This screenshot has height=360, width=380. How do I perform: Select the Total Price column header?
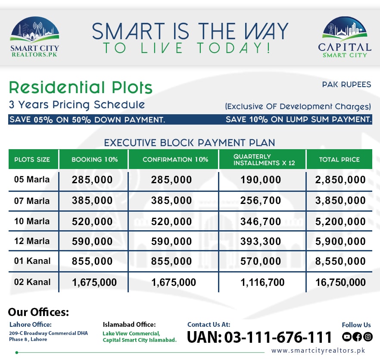pos(339,160)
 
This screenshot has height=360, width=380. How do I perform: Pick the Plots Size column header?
pos(32,160)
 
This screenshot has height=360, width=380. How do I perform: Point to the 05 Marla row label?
pos(32,179)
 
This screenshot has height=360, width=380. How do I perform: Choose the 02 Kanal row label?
pos(32,282)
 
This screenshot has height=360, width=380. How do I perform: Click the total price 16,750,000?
pos(340,282)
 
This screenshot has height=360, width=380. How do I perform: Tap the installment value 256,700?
pos(262,200)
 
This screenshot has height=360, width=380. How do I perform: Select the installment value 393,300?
pos(262,241)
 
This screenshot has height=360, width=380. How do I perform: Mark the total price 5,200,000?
pos(340,222)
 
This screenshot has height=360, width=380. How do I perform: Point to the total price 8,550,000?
pos(340,261)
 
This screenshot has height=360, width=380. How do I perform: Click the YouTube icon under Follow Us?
pos(347,337)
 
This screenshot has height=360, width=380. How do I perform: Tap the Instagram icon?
pos(368,337)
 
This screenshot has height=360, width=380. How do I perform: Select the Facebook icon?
pos(357,337)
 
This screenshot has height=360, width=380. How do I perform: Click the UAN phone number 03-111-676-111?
pos(259,337)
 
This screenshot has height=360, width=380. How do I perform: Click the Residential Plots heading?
pos(81,88)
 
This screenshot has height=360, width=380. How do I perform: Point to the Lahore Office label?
pos(30,325)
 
